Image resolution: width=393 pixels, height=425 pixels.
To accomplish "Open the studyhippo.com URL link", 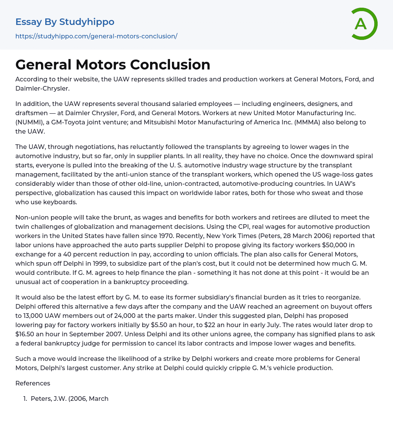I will (x=96, y=36).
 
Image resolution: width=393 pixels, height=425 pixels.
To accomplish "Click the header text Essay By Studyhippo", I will (x=65, y=22).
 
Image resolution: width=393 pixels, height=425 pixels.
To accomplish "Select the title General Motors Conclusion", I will (x=113, y=64).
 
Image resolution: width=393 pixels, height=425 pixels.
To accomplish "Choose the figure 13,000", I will (x=33, y=316).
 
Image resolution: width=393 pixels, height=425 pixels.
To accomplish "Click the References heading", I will (x=33, y=383).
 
